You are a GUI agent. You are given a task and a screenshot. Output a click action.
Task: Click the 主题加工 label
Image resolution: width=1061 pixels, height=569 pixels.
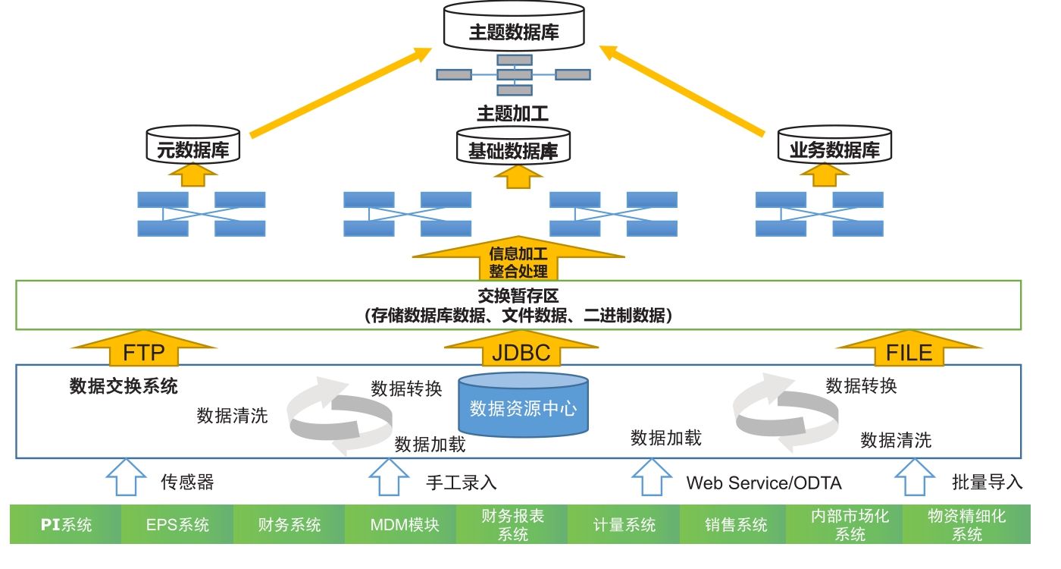point(513,115)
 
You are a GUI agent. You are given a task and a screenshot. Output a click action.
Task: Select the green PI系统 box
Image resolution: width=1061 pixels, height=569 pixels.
point(66,524)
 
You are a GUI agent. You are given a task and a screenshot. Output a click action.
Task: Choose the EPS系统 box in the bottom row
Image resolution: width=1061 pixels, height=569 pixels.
point(177,524)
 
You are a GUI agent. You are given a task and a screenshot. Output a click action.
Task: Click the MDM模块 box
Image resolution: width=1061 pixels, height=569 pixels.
point(401,524)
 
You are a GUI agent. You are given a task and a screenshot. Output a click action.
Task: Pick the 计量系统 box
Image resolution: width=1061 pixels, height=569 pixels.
point(624,524)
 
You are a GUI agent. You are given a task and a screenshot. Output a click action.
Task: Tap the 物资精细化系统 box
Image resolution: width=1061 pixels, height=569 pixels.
point(966,524)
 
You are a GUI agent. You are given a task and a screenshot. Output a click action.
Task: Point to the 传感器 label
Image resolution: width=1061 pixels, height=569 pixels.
point(187,482)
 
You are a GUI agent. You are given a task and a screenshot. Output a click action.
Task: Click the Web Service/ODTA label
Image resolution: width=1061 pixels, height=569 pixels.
point(763,483)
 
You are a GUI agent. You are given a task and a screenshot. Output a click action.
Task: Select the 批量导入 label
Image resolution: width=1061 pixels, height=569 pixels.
point(987,482)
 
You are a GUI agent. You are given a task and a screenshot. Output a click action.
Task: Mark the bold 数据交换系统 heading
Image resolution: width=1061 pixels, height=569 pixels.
point(124,386)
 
